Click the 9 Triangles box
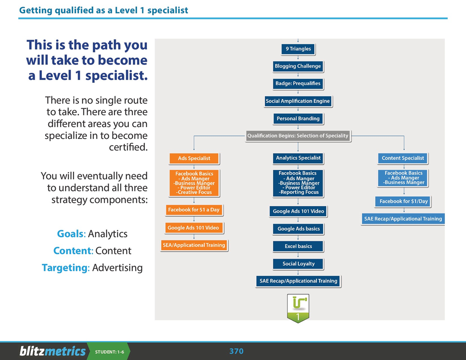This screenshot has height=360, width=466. (298, 49)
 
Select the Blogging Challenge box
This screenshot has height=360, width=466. (298, 66)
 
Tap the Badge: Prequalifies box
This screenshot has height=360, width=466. (298, 83)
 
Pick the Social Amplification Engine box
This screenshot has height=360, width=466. (298, 101)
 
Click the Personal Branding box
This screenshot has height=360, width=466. (298, 119)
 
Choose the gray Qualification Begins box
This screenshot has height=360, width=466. (298, 136)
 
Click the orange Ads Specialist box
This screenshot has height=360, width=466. (194, 158)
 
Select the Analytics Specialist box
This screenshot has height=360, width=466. (298, 158)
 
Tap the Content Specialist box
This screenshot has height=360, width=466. (403, 158)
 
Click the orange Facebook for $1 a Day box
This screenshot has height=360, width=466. (194, 210)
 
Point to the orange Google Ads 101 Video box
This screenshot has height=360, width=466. (193, 228)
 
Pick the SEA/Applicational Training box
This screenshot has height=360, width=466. (194, 245)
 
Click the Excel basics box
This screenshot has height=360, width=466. (298, 246)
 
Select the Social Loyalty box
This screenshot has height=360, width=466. (298, 264)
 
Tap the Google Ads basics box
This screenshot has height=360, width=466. (298, 229)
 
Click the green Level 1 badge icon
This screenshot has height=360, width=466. (298, 308)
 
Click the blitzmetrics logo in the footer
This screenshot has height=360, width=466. (53, 351)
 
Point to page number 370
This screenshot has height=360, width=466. (236, 351)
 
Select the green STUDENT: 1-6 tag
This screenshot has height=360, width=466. (109, 352)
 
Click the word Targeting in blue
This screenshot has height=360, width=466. (65, 268)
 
